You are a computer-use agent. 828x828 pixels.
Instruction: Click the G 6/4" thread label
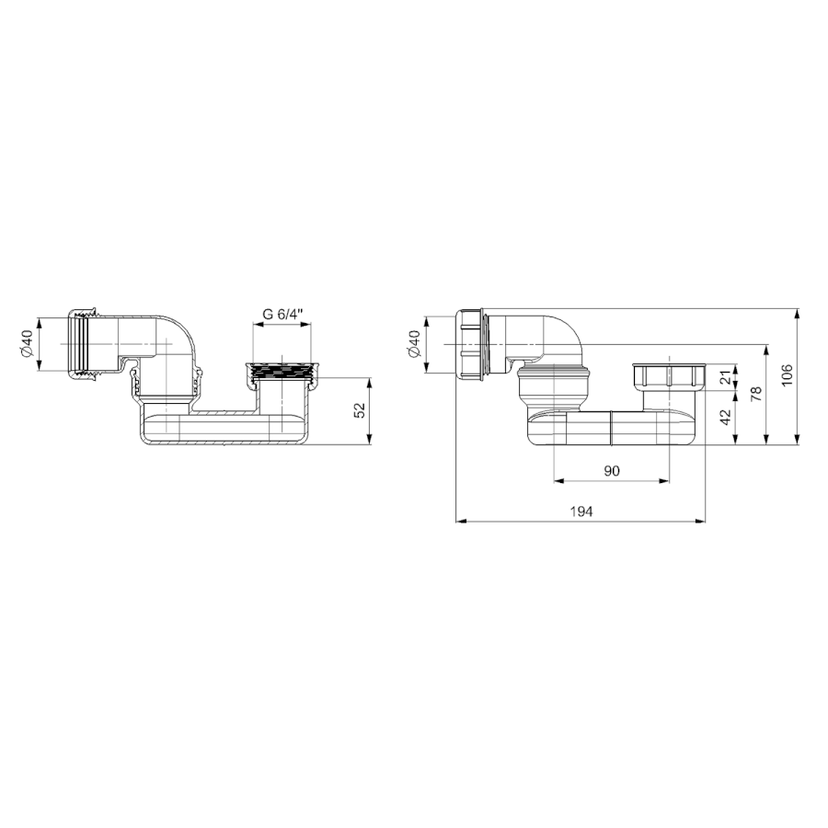(x=282, y=314)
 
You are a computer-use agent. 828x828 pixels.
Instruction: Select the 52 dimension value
(x=360, y=410)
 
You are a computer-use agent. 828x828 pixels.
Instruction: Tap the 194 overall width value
(x=581, y=512)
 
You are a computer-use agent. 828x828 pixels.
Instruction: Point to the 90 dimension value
(x=612, y=470)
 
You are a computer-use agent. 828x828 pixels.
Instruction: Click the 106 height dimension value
(x=787, y=375)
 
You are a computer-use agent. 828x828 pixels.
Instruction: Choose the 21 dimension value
(x=726, y=377)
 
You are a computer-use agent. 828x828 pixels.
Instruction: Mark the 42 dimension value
(x=726, y=417)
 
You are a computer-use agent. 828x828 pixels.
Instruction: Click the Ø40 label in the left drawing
(x=27, y=343)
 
